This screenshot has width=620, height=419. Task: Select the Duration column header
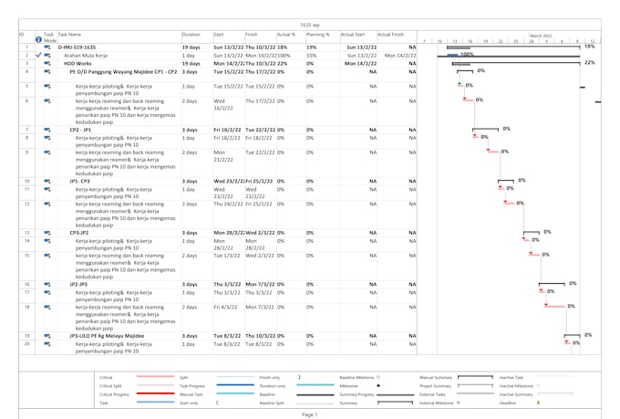(191, 34)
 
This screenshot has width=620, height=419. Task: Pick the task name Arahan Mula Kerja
(86, 55)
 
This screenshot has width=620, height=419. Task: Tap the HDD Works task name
(79, 63)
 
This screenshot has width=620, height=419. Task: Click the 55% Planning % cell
(312, 55)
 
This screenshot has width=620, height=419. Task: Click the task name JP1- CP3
(87, 182)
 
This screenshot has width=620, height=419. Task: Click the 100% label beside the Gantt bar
(467, 55)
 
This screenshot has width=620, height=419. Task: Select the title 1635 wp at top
(310, 25)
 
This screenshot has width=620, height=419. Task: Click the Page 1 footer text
(310, 414)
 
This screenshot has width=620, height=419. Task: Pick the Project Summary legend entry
(435, 385)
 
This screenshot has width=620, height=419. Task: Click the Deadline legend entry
(509, 402)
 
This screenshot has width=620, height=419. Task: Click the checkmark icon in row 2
(39, 55)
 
